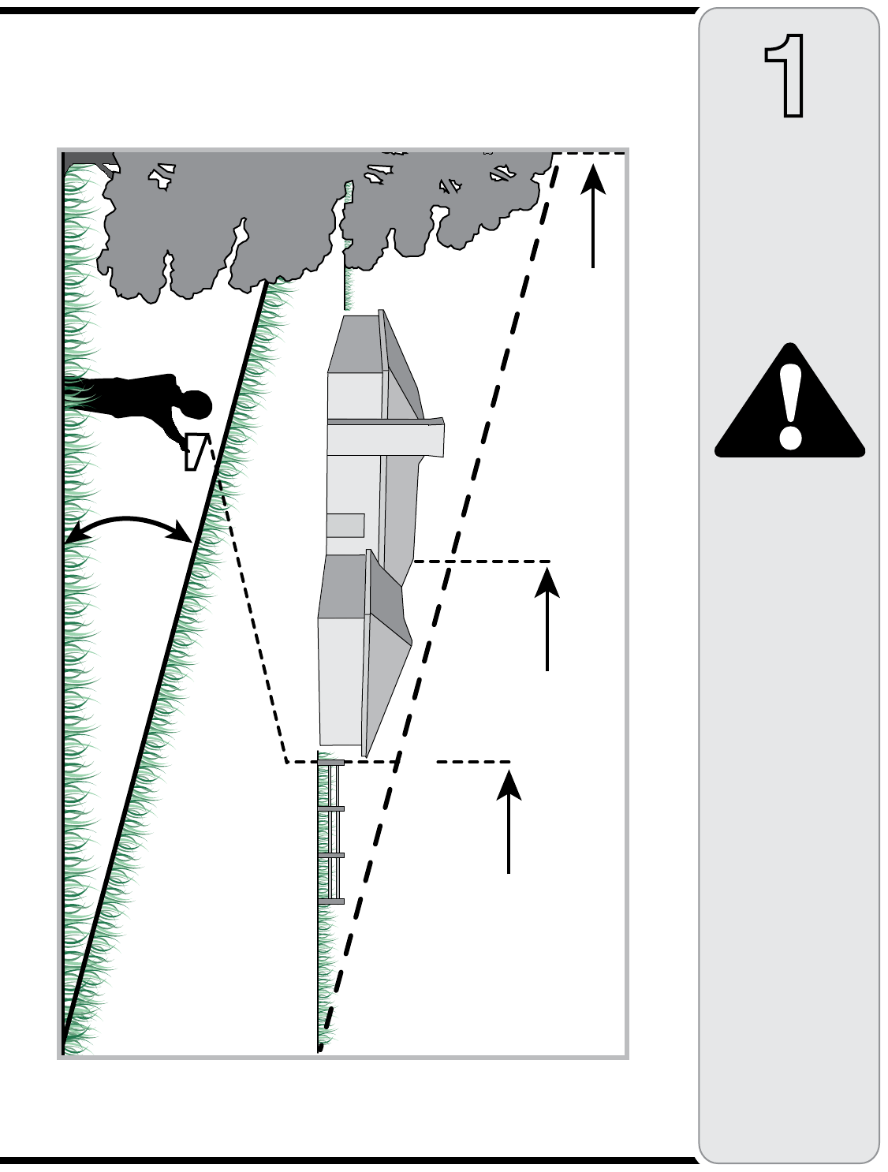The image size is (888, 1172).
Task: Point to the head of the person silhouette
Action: coord(196,405)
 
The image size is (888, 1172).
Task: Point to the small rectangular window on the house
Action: coord(345,525)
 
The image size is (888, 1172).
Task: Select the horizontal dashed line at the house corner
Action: coord(481,562)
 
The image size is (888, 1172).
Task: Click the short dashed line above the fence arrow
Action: coord(473,762)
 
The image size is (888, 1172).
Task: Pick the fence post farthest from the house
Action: coord(330,901)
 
